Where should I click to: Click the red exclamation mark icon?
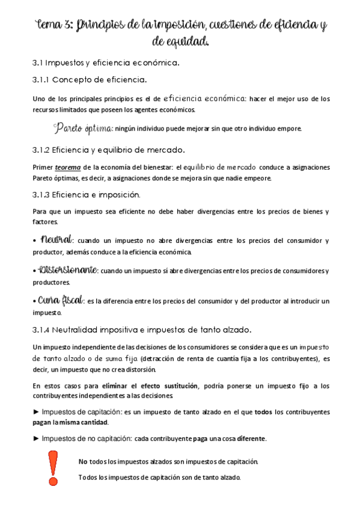[x=53, y=469]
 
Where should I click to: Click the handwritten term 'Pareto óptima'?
[x=82, y=128]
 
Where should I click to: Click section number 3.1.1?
[x=40, y=79]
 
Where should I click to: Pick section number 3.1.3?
[x=41, y=194]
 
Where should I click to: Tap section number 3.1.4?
[x=41, y=330]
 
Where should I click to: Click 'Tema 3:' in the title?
[x=53, y=25]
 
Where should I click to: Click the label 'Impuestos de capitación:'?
[x=81, y=412]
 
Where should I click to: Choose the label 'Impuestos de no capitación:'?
[x=86, y=438]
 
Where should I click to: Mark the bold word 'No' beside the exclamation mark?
[x=83, y=462]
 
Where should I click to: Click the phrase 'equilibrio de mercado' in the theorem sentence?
[x=222, y=167]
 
